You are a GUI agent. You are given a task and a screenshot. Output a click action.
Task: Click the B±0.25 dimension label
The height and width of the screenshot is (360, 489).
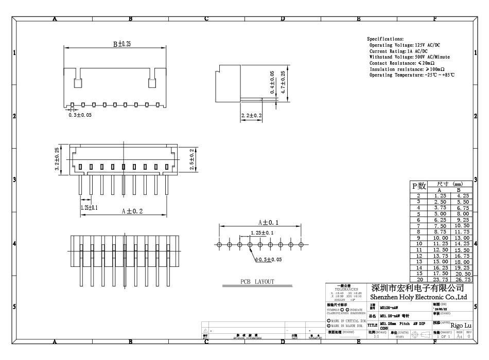(122, 44)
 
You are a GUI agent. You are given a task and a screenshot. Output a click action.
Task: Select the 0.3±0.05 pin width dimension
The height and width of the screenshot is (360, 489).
(80, 115)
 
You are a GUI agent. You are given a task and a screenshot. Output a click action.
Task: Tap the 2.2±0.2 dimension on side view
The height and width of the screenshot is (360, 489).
(252, 116)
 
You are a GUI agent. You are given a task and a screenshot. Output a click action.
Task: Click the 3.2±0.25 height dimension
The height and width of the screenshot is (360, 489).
(57, 158)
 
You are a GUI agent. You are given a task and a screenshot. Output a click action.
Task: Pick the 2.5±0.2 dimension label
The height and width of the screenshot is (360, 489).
(191, 158)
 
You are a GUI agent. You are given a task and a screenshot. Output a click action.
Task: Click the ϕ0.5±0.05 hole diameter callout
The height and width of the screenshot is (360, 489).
(269, 260)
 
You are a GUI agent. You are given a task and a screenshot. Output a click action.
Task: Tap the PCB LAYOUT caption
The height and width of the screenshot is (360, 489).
(257, 282)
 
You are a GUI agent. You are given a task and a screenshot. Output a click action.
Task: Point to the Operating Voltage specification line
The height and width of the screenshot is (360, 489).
(405, 45)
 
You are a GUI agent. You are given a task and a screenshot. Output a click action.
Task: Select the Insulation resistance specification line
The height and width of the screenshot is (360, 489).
(407, 69)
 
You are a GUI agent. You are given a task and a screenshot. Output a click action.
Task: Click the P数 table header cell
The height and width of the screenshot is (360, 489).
(418, 186)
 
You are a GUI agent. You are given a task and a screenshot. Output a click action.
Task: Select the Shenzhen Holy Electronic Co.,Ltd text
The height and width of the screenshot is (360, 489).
(418, 297)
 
